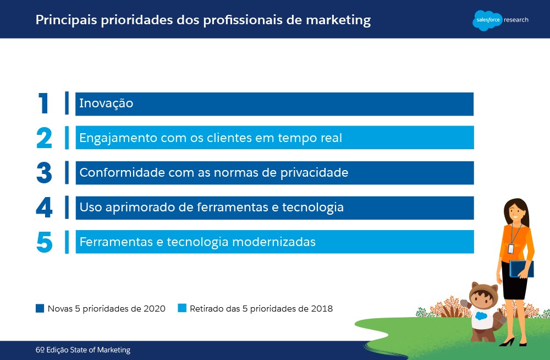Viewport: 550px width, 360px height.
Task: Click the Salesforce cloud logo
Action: [487, 20]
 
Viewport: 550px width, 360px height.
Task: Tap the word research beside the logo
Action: [516, 20]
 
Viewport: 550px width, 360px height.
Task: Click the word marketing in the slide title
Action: [338, 20]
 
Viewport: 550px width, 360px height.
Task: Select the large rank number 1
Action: [43, 103]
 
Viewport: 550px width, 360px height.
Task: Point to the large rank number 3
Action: [44, 173]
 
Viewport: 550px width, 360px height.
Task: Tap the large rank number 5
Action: [45, 242]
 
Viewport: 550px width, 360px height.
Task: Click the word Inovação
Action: [106, 103]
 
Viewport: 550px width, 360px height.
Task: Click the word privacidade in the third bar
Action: [314, 173]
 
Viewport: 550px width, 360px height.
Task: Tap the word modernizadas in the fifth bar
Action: [274, 242]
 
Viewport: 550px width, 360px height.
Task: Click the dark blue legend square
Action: [40, 308]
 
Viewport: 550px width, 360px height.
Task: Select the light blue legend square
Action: [182, 308]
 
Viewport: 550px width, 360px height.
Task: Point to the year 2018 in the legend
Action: [322, 309]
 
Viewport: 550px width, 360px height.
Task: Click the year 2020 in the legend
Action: [155, 309]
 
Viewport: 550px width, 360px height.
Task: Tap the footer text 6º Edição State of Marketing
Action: [83, 350]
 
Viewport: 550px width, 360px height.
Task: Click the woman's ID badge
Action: [511, 249]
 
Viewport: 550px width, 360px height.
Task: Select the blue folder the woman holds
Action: [521, 269]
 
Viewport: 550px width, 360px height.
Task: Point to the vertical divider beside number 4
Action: [67, 207]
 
